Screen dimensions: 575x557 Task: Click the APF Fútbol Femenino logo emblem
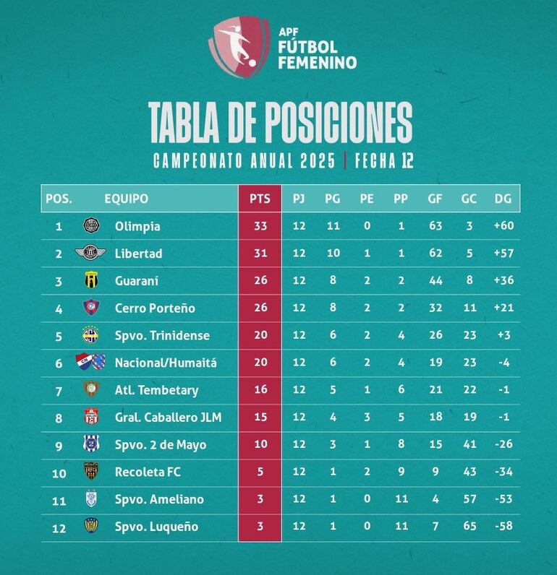pos(235,45)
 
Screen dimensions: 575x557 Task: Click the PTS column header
pos(260,199)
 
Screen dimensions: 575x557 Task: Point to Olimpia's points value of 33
pos(260,226)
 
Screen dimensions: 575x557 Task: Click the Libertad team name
pos(138,254)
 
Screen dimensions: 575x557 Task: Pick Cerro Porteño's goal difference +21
pos(502,308)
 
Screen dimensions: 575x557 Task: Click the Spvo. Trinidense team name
pos(162,335)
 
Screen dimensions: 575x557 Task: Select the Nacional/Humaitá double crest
pos(91,362)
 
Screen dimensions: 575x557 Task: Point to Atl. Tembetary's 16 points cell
pos(260,390)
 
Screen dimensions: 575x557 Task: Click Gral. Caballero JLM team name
pos(168,418)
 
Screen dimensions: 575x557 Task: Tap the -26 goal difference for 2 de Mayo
pos(502,445)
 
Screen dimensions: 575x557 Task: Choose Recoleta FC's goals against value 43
pos(469,472)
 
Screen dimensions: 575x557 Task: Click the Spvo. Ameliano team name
pos(159,499)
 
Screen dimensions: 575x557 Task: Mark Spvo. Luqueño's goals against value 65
pos(469,527)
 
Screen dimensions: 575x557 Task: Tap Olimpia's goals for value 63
pos(435,226)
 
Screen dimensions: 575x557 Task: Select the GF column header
pos(435,199)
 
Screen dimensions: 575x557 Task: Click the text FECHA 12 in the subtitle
pos(383,160)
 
